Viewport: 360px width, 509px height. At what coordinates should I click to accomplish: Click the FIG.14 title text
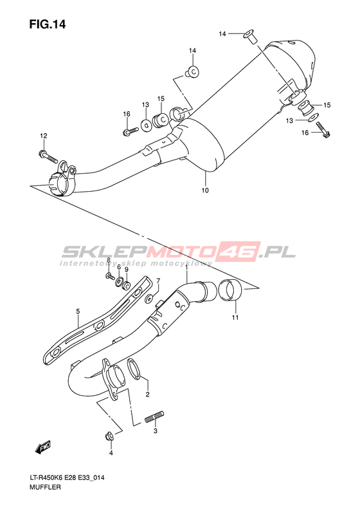coord(48,24)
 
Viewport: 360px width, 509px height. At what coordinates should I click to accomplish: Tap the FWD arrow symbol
coord(43,447)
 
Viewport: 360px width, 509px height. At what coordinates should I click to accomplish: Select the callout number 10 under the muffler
coord(205,190)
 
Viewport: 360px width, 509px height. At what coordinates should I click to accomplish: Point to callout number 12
coord(44,136)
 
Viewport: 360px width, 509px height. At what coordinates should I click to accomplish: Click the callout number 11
coord(235,317)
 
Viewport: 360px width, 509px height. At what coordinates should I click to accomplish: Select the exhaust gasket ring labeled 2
coord(136,369)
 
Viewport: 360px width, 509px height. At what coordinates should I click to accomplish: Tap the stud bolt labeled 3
coord(154,417)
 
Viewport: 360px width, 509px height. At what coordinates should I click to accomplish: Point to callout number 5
coord(78,311)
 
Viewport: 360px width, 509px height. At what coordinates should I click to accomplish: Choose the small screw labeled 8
coord(110,276)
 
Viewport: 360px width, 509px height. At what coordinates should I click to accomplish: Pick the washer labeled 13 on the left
coord(147,124)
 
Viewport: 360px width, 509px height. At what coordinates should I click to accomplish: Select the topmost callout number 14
coord(222,33)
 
